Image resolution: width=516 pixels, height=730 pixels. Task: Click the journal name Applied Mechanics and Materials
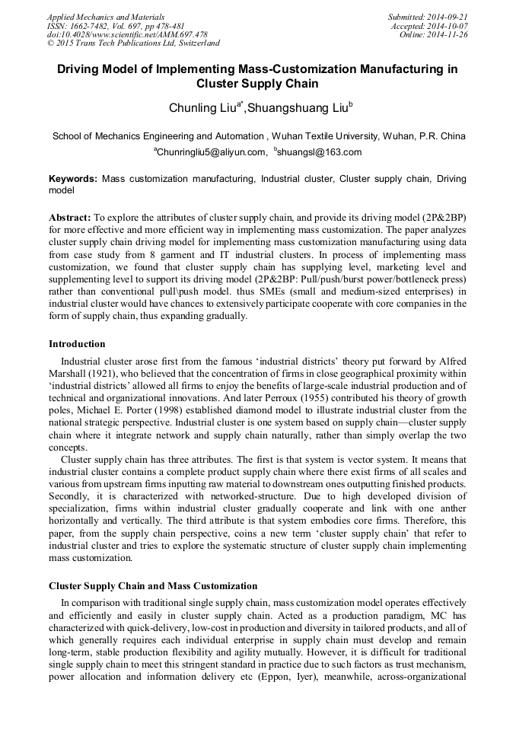pos(106,16)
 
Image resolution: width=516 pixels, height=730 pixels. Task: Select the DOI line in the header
pos(127,34)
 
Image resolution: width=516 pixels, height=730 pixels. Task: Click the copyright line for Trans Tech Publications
pos(133,43)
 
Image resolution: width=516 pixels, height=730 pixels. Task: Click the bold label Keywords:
pos(73,178)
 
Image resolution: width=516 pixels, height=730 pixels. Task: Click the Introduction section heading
pos(77,344)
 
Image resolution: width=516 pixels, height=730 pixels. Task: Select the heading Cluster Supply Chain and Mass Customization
pos(153,586)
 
